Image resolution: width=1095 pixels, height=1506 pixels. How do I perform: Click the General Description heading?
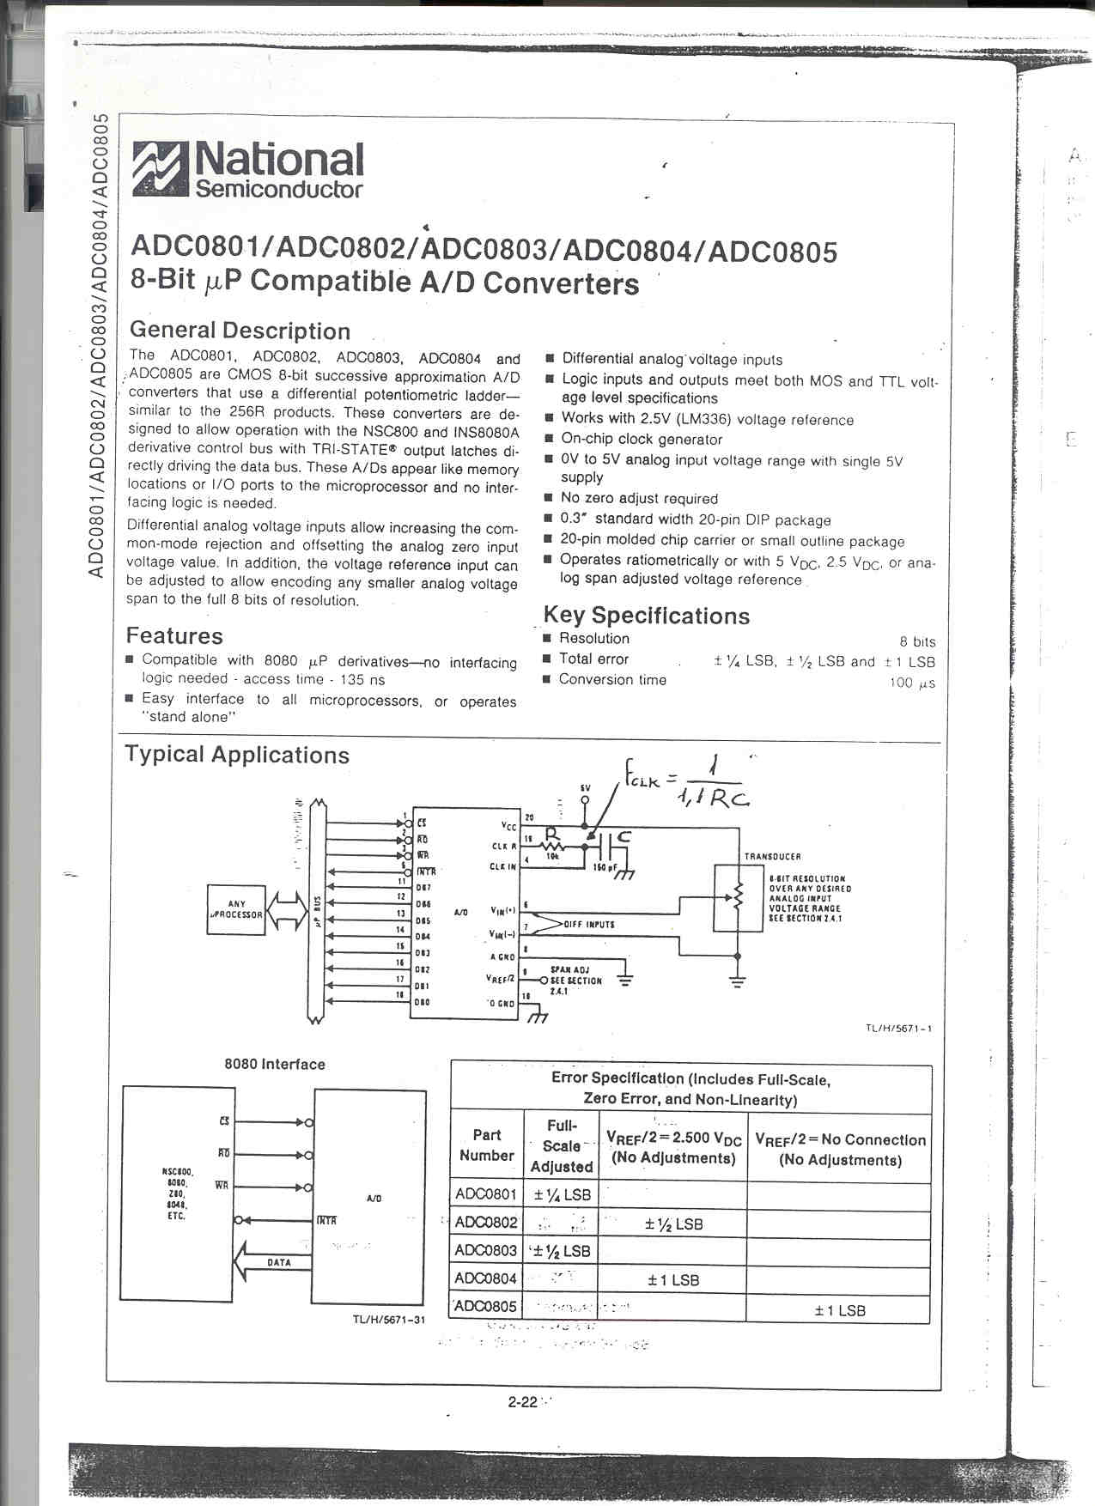pyautogui.click(x=240, y=331)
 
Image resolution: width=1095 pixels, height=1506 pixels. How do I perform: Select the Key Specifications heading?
pyautogui.click(x=647, y=616)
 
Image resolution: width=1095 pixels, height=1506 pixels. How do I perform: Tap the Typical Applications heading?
pyautogui.click(x=237, y=755)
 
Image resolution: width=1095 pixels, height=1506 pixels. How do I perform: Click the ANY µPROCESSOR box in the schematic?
pyautogui.click(x=236, y=909)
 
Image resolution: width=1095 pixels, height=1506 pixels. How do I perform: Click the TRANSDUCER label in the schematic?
pyautogui.click(x=772, y=856)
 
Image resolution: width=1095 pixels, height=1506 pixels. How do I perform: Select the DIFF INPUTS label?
pyautogui.click(x=589, y=924)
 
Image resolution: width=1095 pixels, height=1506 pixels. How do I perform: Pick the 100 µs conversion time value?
pyautogui.click(x=912, y=683)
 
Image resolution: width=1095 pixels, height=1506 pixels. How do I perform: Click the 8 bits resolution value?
pyautogui.click(x=917, y=641)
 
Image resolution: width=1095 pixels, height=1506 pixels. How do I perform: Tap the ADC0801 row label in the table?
pyautogui.click(x=486, y=1194)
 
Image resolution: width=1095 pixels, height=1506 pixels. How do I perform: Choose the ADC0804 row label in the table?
pyautogui.click(x=486, y=1278)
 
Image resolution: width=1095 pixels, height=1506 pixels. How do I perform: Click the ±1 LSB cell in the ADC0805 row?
pyautogui.click(x=840, y=1310)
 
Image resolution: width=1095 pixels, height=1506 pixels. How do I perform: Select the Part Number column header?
pyautogui.click(x=486, y=1145)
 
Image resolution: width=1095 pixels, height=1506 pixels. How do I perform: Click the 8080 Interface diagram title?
pyautogui.click(x=275, y=1064)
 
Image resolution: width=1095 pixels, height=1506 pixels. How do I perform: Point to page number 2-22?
pyautogui.click(x=522, y=1402)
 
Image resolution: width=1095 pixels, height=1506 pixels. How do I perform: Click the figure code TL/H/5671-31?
pyautogui.click(x=389, y=1320)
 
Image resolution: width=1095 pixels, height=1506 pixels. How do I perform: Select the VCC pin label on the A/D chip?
pyautogui.click(x=509, y=825)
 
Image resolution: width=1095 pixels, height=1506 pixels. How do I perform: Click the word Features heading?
pyautogui.click(x=174, y=635)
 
